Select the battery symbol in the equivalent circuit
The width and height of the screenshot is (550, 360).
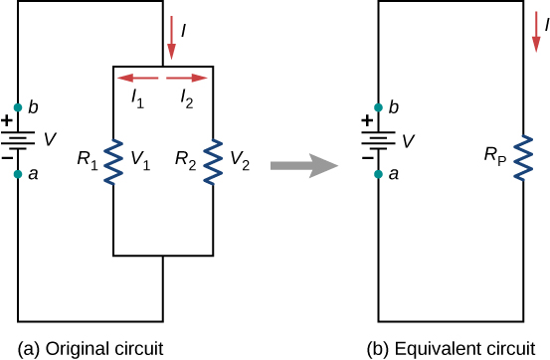coord(379,140)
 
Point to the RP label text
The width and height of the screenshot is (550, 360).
coord(493,156)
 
